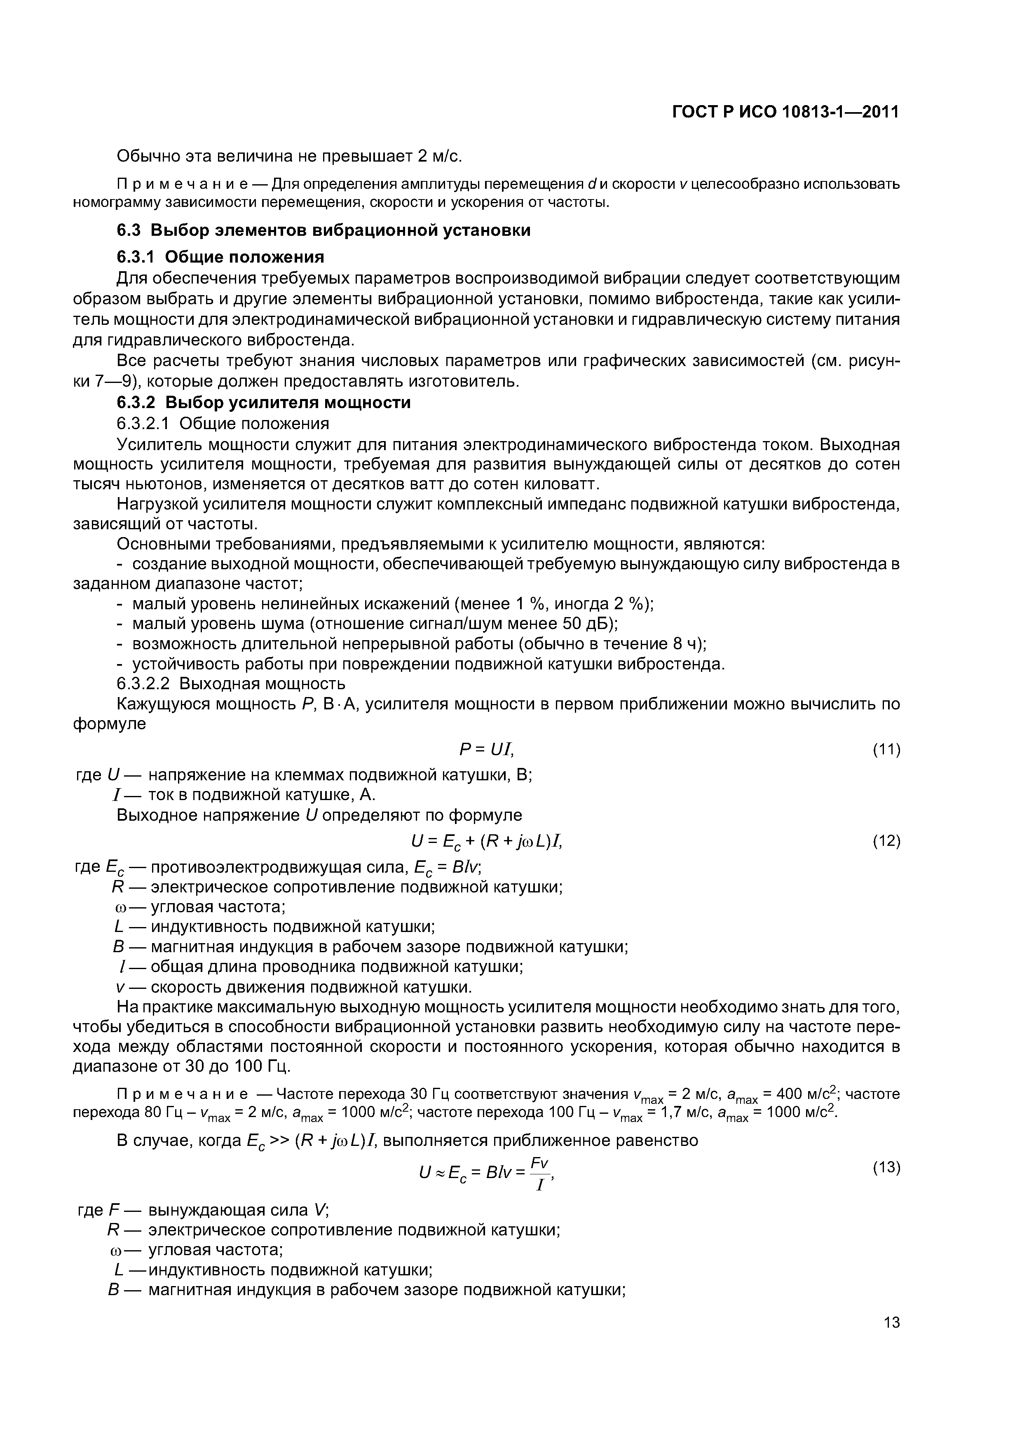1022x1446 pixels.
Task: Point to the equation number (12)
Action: coord(886,841)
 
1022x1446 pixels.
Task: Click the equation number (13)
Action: coord(886,1167)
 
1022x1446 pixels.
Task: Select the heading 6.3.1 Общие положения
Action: coord(220,257)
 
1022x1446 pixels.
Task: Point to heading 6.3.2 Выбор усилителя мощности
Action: coord(263,402)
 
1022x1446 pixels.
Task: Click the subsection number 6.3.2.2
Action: coord(143,683)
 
